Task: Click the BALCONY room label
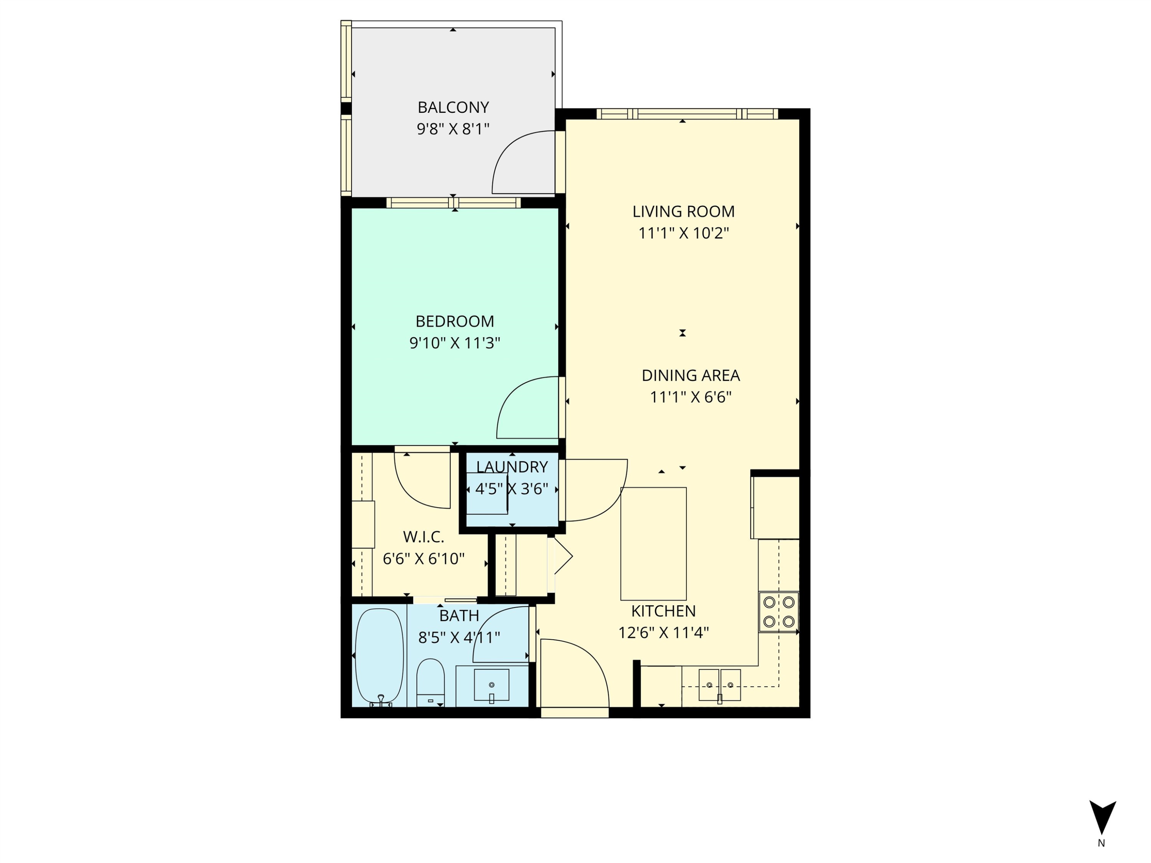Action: (453, 107)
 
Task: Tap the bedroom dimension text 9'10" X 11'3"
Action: (454, 343)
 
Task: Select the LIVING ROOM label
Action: (683, 211)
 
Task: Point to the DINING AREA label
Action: (691, 375)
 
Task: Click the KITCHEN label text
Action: (663, 611)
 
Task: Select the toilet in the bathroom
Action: (430, 682)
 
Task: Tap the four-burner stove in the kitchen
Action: (778, 612)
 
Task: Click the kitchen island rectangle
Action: (653, 543)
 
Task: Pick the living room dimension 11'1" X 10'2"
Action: (683, 233)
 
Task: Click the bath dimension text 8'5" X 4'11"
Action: (459, 637)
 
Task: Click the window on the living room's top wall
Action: (687, 114)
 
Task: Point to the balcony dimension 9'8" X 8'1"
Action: (453, 129)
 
